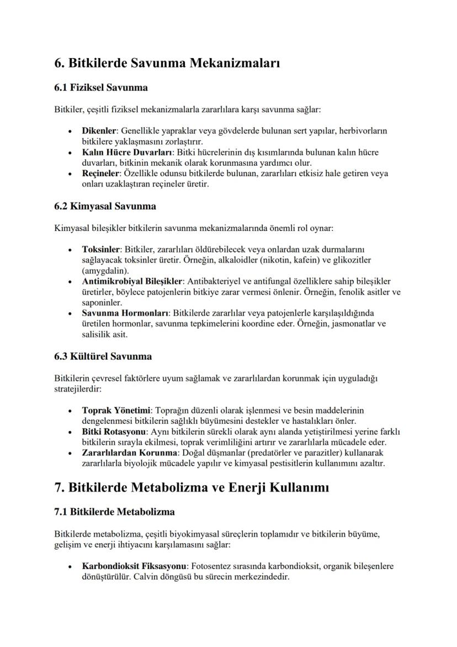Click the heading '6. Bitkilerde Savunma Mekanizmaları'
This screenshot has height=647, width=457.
pos(167,63)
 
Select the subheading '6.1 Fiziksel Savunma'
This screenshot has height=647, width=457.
pos(100,87)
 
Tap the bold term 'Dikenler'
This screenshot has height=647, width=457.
pos(99,131)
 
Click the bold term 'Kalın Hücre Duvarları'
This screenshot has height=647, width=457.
pos(127,152)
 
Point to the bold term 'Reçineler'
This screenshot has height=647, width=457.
pos(101,173)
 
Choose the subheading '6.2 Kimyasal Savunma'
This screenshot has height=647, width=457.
pos(105,206)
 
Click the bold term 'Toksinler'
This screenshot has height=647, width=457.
pos(101,249)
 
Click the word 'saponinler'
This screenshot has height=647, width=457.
pos(102,303)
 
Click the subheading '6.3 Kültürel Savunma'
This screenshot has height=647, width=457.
pos(103,356)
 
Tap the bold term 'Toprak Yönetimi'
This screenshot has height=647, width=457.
pos(116,411)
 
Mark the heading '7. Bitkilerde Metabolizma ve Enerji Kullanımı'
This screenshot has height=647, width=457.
pos(192,487)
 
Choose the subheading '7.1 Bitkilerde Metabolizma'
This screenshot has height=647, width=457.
pos(114,512)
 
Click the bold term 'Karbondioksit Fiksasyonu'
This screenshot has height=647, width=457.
pos(134,567)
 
